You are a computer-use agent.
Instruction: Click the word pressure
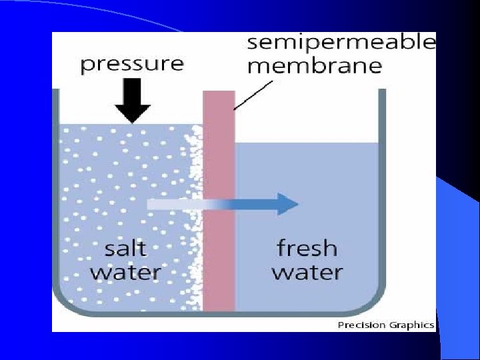pyautogui.click(x=131, y=64)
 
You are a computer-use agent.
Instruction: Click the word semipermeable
pyautogui.click(x=341, y=44)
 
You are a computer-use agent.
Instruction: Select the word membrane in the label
pyautogui.click(x=314, y=67)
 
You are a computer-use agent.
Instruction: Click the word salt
pyautogui.click(x=125, y=249)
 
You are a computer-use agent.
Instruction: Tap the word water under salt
pyautogui.click(x=125, y=272)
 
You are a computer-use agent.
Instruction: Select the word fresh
pyautogui.click(x=307, y=249)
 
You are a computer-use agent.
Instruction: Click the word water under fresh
pyautogui.click(x=307, y=272)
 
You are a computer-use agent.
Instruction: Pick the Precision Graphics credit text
pyautogui.click(x=386, y=325)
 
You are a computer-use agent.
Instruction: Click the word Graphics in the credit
pyautogui.click(x=411, y=325)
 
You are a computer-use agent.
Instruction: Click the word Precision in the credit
pyautogui.click(x=361, y=325)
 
